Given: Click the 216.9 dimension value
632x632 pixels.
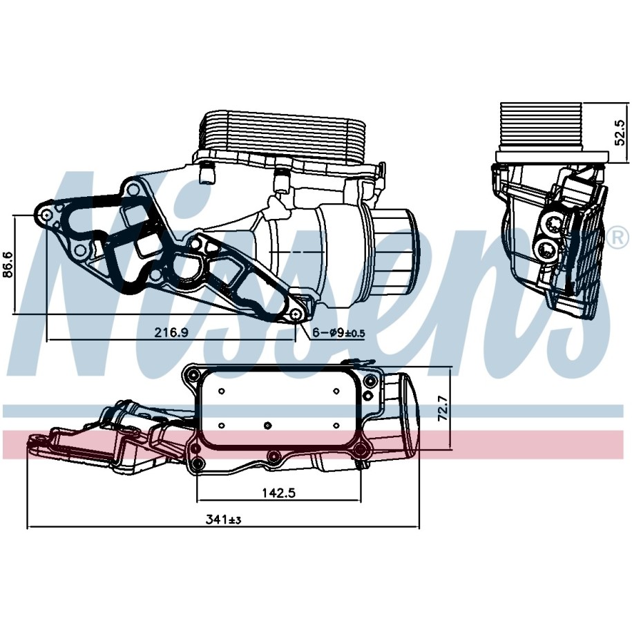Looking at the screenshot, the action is tap(171, 332).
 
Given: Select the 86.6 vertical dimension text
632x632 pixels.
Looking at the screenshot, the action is tap(9, 265).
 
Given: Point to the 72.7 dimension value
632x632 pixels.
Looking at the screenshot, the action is tap(443, 408).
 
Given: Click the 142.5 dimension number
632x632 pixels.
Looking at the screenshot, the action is tap(279, 492).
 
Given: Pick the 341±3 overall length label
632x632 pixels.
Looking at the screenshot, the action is tap(223, 520).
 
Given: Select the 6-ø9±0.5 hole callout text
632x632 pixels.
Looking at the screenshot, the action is tap(338, 332).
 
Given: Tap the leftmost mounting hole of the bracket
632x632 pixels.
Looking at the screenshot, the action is tap(46, 215).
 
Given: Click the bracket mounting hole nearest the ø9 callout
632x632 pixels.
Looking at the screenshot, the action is tap(296, 314).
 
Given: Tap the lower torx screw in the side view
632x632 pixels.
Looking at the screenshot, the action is tap(548, 253).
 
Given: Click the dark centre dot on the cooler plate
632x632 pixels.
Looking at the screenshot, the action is tap(267, 425).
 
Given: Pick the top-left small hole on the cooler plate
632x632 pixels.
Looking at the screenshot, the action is tap(221, 391).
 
